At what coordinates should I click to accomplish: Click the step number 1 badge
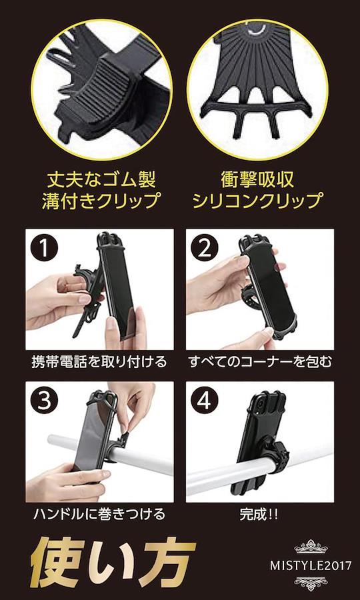point(45,248)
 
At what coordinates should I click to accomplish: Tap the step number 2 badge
point(205,248)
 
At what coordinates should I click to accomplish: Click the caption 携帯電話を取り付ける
point(99,361)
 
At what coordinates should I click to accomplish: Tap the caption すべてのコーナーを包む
point(260,361)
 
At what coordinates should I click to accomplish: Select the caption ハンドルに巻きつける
point(99,514)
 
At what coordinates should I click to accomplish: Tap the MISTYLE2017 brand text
point(310,565)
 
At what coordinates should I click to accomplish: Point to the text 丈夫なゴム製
point(101,180)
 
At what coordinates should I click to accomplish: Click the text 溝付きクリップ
point(101,201)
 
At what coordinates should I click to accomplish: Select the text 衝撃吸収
point(257,180)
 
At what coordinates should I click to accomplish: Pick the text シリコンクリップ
point(257,201)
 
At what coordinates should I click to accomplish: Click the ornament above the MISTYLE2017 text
point(310,547)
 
